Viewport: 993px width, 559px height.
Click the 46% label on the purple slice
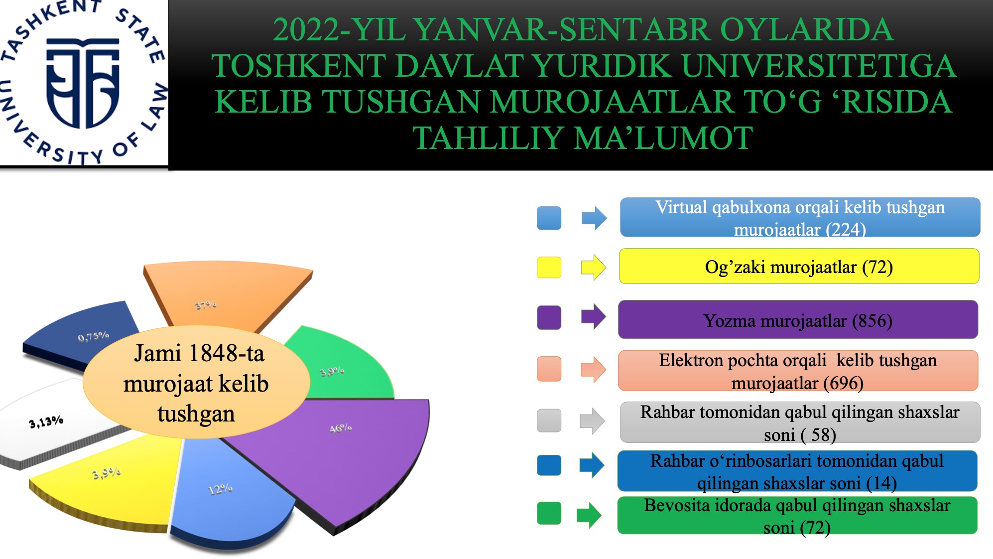341,428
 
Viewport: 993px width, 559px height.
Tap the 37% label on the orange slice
206,305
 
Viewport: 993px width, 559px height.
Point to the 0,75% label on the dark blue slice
93,336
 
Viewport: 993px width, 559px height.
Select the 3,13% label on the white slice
46,422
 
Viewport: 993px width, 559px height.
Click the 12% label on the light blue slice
220,489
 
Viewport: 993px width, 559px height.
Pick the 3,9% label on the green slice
332,371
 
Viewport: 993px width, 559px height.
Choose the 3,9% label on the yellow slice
107,473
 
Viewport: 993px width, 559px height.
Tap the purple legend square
549,317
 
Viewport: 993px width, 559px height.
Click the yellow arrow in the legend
594,268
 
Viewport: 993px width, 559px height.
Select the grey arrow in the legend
593,421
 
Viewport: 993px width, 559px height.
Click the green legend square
549,513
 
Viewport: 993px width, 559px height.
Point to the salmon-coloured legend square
549,369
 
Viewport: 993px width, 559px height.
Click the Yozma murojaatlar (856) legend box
798,320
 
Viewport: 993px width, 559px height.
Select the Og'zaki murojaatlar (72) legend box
799,267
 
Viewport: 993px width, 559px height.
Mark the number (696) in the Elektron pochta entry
843,383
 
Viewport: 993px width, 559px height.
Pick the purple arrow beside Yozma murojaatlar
594,317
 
